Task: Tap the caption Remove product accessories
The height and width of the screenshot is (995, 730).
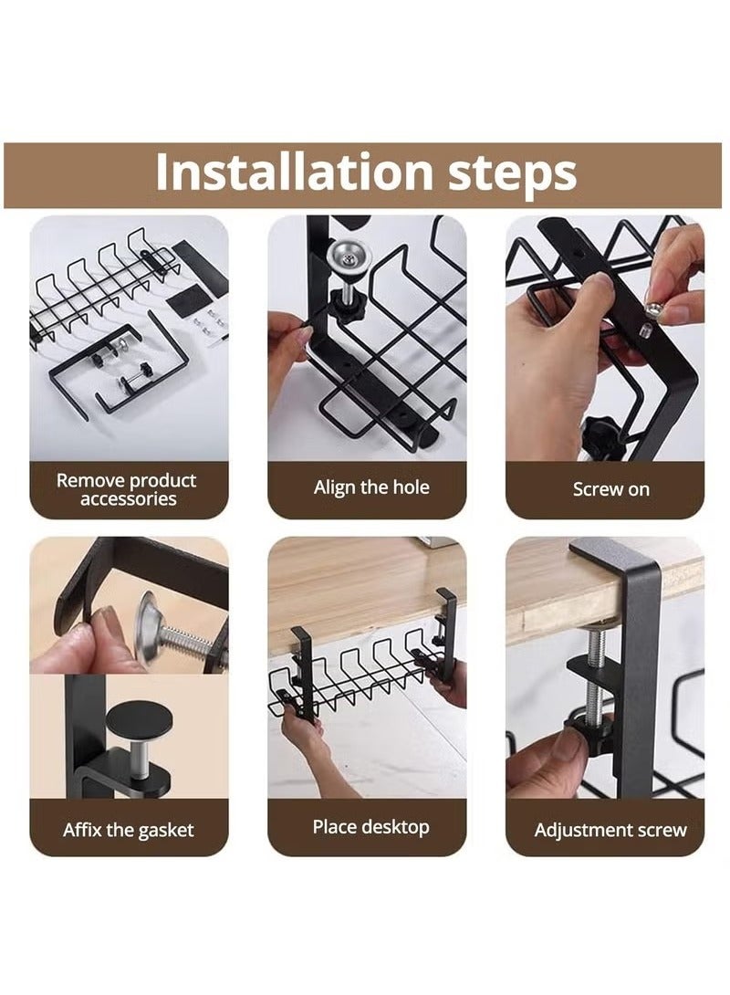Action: [x=126, y=489]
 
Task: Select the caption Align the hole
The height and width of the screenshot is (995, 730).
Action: [x=370, y=487]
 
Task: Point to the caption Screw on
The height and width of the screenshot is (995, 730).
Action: [x=610, y=489]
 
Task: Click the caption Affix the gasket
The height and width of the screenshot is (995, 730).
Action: [x=128, y=831]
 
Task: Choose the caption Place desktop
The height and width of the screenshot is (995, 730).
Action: [x=370, y=827]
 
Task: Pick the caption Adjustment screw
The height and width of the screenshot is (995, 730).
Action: [x=610, y=831]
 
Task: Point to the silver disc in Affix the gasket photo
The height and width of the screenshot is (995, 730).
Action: [x=151, y=623]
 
